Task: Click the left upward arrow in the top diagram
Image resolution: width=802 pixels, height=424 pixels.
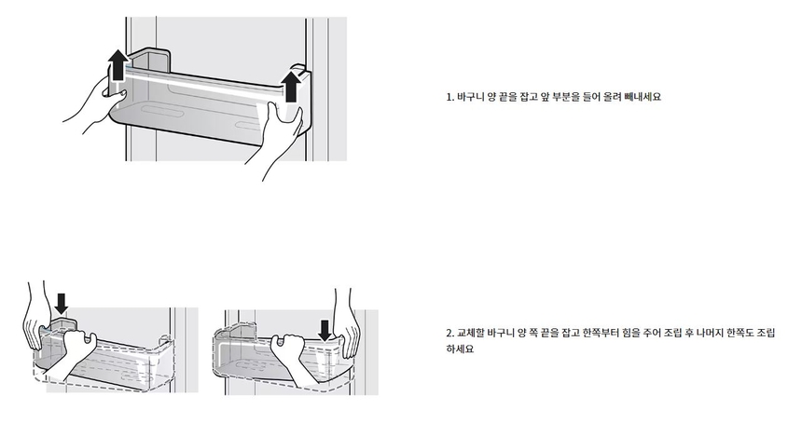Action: point(117,71)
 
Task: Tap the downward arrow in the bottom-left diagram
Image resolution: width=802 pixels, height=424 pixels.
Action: point(62,303)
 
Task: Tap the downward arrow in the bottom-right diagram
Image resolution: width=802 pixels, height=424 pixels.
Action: point(325,330)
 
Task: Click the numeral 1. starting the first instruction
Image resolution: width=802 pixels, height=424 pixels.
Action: point(450,97)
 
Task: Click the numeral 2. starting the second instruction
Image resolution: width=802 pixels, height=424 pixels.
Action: point(450,333)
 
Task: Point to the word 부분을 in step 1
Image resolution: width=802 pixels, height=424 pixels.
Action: point(564,97)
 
